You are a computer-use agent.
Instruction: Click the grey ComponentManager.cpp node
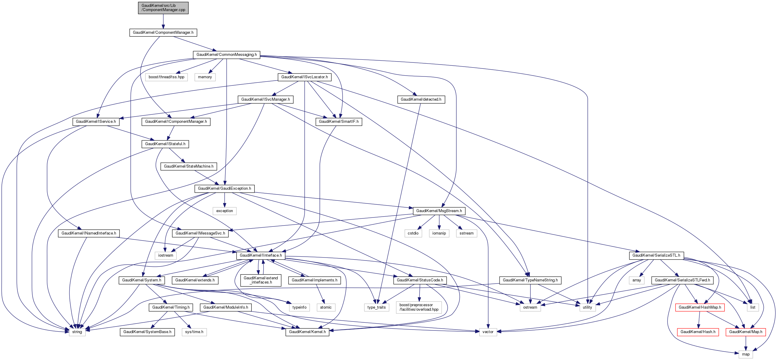[x=163, y=8]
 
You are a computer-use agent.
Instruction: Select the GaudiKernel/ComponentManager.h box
[x=163, y=33]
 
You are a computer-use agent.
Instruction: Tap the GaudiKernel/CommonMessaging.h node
[x=227, y=55]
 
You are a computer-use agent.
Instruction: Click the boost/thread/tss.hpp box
[x=167, y=77]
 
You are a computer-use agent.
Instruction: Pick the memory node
[x=205, y=77]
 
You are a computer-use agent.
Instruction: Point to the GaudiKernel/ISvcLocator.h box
[x=304, y=77]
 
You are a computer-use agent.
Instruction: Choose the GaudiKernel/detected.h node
[x=421, y=99]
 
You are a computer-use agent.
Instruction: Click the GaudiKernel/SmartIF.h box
[x=338, y=122]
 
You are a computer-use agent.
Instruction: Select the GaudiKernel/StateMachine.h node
[x=188, y=166]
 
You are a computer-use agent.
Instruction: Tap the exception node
[x=225, y=211]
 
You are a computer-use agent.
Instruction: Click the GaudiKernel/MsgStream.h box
[x=439, y=211]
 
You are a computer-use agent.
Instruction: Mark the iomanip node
[x=439, y=233]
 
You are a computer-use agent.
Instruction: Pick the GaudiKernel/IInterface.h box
[x=261, y=256]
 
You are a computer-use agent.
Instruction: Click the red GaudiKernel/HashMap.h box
[x=700, y=307]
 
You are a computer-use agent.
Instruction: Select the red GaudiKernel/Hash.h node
[x=698, y=332]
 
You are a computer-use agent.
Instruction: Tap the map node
[x=746, y=354]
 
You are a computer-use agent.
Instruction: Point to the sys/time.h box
[x=194, y=332]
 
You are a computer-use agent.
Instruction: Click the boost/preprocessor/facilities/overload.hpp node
[x=419, y=307]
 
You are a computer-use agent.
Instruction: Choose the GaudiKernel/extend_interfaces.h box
[x=261, y=280]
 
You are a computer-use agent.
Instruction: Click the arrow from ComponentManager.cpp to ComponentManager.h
[x=163, y=21]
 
